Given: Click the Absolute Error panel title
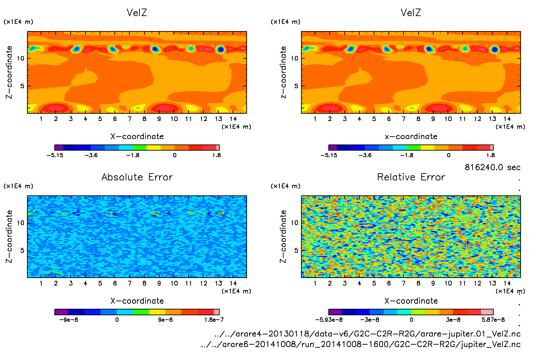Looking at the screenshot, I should point(137,177).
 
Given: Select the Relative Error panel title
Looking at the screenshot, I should point(411,177).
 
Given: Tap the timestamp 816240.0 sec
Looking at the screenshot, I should point(492,167).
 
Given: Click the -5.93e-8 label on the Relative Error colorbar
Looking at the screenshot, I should point(329,320).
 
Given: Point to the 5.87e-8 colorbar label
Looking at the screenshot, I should point(493,320).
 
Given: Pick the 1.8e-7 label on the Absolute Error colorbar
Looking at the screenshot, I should point(214,320).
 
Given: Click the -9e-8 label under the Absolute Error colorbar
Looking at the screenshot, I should point(69,320).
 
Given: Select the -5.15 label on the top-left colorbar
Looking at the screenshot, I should point(55,155).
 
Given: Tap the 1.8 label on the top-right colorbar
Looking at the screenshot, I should point(490,155).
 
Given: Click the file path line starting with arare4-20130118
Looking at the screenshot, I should point(367,334).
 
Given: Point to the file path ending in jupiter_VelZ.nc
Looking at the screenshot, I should point(360,344).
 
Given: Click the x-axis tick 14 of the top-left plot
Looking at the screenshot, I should point(233,119).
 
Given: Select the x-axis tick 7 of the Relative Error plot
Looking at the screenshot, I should point(403,283).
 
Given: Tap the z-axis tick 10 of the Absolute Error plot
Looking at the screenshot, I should point(21,223).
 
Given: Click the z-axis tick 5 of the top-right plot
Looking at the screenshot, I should point(296,86).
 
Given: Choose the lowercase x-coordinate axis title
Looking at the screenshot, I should point(411,136).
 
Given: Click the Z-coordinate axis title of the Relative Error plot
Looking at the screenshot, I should point(283,236).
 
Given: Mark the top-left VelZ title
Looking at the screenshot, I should point(137,13).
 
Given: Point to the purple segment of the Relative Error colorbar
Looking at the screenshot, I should point(335,312).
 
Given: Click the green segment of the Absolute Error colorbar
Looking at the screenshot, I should point(141,312).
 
